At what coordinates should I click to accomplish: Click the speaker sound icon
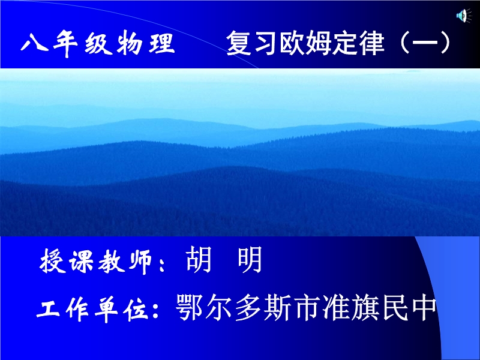pyautogui.click(x=464, y=16)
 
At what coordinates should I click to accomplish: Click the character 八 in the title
pyautogui.click(x=34, y=42)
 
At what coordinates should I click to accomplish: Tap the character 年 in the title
pyautogui.click(x=65, y=43)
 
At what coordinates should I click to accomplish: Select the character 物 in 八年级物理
pyautogui.click(x=129, y=43)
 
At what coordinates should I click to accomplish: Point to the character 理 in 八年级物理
pyautogui.click(x=161, y=43)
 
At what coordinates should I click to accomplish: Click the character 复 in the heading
pyautogui.click(x=239, y=43)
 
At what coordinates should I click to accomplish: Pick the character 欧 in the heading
pyautogui.click(x=292, y=43)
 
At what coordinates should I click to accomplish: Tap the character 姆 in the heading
pyautogui.click(x=319, y=43)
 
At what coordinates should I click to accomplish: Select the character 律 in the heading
pyautogui.click(x=371, y=43)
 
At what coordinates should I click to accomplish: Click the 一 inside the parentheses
pyautogui.click(x=425, y=43)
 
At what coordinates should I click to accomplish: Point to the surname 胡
pyautogui.click(x=199, y=260)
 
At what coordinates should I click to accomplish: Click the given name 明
pyautogui.click(x=250, y=260)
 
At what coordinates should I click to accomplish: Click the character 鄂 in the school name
pyautogui.click(x=190, y=307)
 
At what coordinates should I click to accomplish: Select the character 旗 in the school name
pyautogui.click(x=366, y=307)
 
